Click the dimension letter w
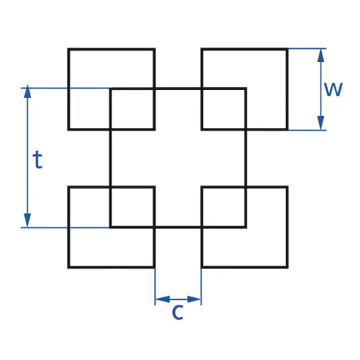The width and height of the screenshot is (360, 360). pyautogui.click(x=333, y=89)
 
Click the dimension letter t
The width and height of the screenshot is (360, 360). pyautogui.click(x=37, y=159)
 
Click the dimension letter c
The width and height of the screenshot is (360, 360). pyautogui.click(x=178, y=312)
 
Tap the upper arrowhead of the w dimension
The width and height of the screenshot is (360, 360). pyautogui.click(x=320, y=55)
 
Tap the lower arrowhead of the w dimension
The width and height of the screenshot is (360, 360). pyautogui.click(x=320, y=123)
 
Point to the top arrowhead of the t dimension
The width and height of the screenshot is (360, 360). pyautogui.click(x=27, y=91)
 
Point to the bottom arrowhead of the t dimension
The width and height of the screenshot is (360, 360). pyautogui.click(x=27, y=220)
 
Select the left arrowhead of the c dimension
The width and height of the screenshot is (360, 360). pyautogui.click(x=163, y=300)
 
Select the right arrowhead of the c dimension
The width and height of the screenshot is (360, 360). pyautogui.click(x=194, y=300)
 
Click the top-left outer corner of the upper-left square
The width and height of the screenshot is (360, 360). pyautogui.click(x=68, y=49)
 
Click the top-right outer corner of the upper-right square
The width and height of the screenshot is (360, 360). pyautogui.click(x=287, y=49)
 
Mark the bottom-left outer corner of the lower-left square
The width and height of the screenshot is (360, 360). pyautogui.click(x=68, y=267)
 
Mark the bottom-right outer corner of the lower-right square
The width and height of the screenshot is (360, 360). pyautogui.click(x=287, y=267)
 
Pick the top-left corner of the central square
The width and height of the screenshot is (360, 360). pyautogui.click(x=110, y=89)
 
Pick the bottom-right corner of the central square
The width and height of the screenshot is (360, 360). pyautogui.click(x=246, y=227)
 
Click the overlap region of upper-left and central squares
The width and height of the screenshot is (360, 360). pyautogui.click(x=132, y=109)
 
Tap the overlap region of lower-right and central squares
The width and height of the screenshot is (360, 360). pyautogui.click(x=224, y=207)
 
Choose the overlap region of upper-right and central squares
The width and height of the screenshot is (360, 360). pyautogui.click(x=224, y=109)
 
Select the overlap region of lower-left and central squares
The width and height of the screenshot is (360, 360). pyautogui.click(x=132, y=207)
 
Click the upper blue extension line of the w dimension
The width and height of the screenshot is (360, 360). pyautogui.click(x=307, y=48)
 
